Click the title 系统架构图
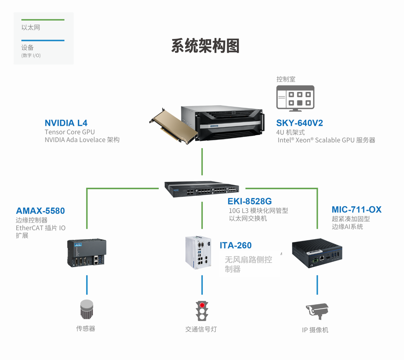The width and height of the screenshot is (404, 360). [205, 46]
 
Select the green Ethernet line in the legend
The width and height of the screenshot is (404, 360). [43, 20]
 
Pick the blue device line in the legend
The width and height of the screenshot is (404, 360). [43, 40]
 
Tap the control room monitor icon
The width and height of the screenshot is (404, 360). [295, 97]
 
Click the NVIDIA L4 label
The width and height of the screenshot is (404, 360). [66, 123]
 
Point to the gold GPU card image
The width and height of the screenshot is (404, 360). [173, 124]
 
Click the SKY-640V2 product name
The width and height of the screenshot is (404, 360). [300, 123]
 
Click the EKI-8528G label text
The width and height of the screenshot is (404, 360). [250, 201]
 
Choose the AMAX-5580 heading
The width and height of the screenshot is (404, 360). [40, 211]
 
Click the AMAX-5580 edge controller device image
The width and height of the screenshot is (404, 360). [87, 253]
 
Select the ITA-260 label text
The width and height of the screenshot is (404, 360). [235, 246]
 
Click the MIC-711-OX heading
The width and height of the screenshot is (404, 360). [356, 210]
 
